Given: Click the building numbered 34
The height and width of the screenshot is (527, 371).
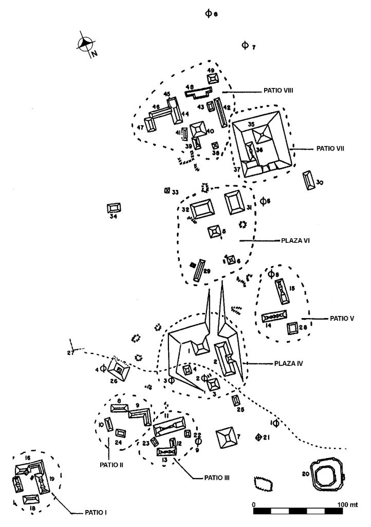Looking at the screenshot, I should (x=115, y=208).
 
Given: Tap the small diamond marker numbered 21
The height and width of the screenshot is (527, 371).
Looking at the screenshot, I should (x=259, y=437).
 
